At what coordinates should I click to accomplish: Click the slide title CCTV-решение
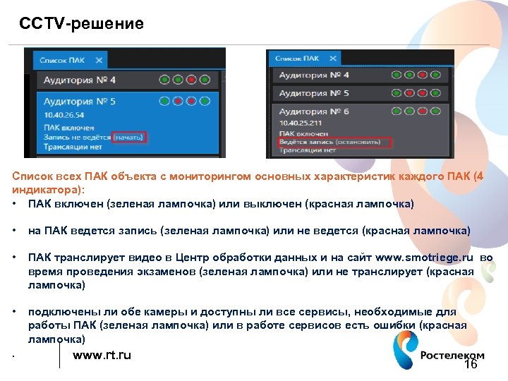coord(81,24)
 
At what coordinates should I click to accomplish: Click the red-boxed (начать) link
coord(129,137)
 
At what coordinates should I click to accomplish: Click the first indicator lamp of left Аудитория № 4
coord(164,80)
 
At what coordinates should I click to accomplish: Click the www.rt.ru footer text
coord(102,355)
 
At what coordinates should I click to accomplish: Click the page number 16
coord(471,365)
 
